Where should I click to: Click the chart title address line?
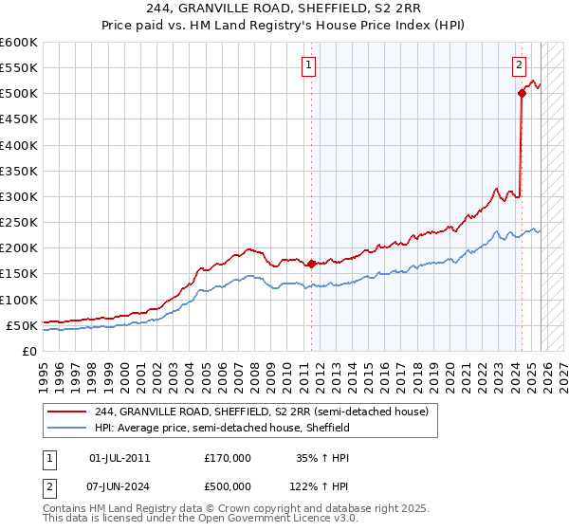point(284,9)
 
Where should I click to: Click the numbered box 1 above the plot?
point(309,65)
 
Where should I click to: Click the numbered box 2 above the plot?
point(520,65)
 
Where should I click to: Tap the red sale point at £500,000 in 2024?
point(522,93)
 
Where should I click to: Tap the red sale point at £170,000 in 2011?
point(311,264)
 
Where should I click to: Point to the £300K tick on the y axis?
point(19,196)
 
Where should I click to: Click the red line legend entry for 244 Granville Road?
point(262,412)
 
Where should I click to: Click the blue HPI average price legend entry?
point(222,428)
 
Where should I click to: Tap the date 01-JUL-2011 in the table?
point(119,457)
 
